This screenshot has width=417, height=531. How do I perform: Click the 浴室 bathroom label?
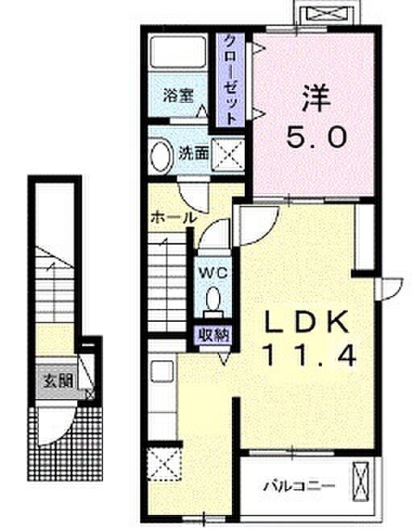pyautogui.click(x=178, y=95)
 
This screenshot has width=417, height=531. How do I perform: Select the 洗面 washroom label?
pyautogui.click(x=193, y=154)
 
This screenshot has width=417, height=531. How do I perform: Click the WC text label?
pyautogui.click(x=213, y=273)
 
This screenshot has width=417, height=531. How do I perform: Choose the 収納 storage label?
pyautogui.click(x=214, y=335)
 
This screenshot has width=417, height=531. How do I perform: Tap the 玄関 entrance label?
pyautogui.click(x=58, y=381)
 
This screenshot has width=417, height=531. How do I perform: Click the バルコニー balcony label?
pyautogui.click(x=299, y=486)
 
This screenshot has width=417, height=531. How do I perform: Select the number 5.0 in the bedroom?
pyautogui.click(x=316, y=136)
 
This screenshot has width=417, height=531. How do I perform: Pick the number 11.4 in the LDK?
pyautogui.click(x=311, y=356)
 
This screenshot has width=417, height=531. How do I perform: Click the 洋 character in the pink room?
pyautogui.click(x=316, y=98)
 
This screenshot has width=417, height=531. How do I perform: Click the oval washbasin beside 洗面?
pyautogui.click(x=161, y=155)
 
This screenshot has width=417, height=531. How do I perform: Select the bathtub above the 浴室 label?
pyautogui.click(x=177, y=51)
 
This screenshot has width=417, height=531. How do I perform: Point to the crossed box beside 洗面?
pyautogui.click(x=228, y=154)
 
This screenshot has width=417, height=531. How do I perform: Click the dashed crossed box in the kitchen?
pyautogui.click(x=165, y=464)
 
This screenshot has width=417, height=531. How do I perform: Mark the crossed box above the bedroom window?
pyautogui.click(x=328, y=14)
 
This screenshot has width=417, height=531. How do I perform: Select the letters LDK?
pyautogui.click(x=307, y=321)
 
